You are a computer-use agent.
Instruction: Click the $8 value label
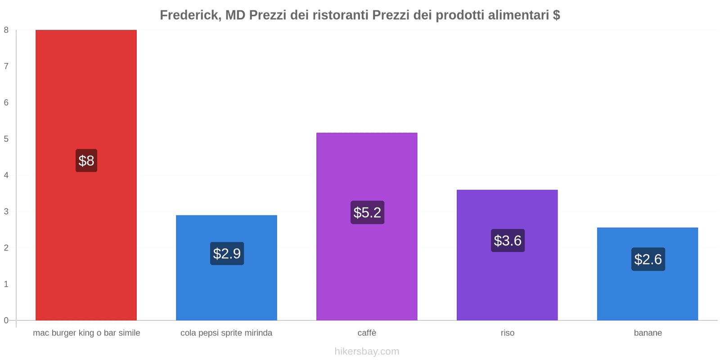click(x=86, y=161)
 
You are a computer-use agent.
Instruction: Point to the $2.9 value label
click(x=227, y=254)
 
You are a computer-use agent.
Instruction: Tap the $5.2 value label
click(x=367, y=212)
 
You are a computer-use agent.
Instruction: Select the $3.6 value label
click(x=508, y=241)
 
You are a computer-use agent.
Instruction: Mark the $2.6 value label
click(x=648, y=259)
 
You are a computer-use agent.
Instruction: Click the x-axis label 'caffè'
click(x=367, y=333)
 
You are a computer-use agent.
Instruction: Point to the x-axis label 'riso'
click(x=507, y=333)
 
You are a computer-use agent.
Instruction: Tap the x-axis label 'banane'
click(x=648, y=333)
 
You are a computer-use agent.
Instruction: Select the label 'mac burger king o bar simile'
click(x=86, y=333)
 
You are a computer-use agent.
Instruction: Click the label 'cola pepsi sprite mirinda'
click(x=226, y=333)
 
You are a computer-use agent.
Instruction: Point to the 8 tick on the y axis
click(x=6, y=30)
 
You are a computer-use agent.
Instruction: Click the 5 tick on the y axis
click(x=6, y=139)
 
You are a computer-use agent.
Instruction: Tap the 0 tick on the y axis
click(x=6, y=320)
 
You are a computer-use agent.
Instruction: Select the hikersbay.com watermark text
click(x=367, y=351)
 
